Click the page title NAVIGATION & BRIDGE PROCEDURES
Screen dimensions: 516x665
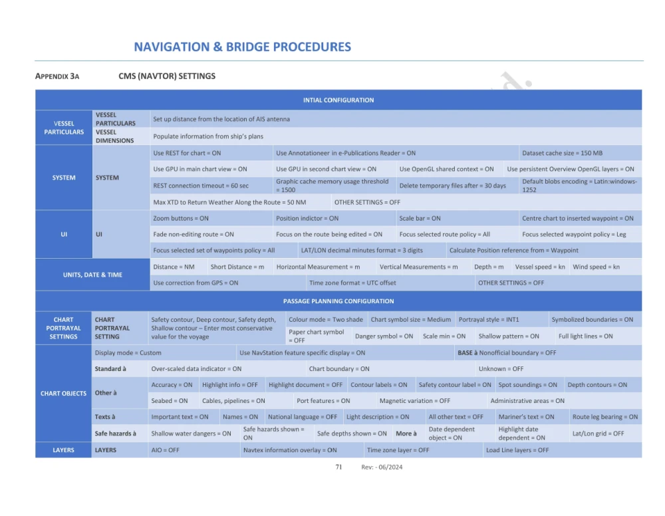click(242, 47)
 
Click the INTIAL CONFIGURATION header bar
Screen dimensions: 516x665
click(338, 100)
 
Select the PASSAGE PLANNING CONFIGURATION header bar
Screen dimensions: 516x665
click(338, 301)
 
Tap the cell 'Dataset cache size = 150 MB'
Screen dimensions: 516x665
click(562, 153)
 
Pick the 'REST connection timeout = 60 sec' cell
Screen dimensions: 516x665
click(201, 186)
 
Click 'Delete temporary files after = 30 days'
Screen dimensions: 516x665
click(452, 186)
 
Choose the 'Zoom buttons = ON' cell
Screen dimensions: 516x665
click(181, 218)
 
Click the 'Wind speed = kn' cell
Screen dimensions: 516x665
click(596, 267)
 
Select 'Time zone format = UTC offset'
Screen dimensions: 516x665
click(352, 283)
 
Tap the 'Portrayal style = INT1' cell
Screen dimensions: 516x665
click(489, 319)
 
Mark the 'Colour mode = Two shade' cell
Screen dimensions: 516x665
click(326, 319)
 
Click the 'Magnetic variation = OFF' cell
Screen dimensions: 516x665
click(415, 401)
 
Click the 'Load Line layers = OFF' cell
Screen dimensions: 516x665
click(517, 450)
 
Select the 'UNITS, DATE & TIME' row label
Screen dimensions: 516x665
click(92, 275)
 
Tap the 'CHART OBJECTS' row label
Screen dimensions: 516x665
click(63, 393)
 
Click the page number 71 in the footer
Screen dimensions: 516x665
click(338, 467)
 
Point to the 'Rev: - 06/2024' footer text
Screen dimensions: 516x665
click(382, 467)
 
